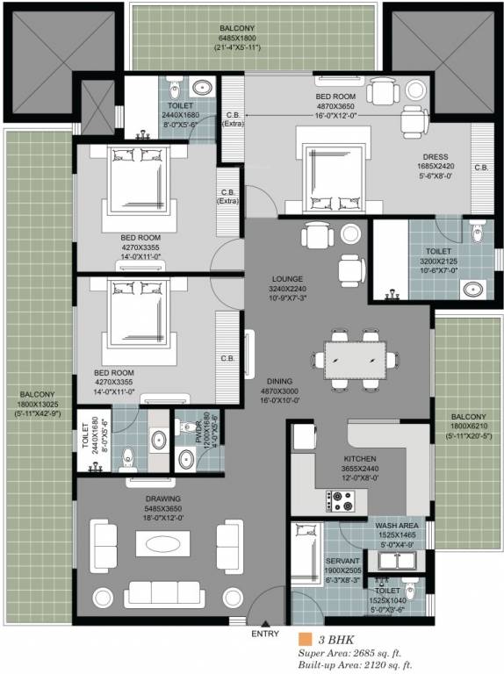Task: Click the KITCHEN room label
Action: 359,458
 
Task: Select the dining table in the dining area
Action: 355,358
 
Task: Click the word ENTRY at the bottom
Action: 264,634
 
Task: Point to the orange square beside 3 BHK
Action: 305,640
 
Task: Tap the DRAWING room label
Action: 163,498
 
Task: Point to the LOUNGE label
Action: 287,278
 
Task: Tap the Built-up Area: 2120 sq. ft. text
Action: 354,666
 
